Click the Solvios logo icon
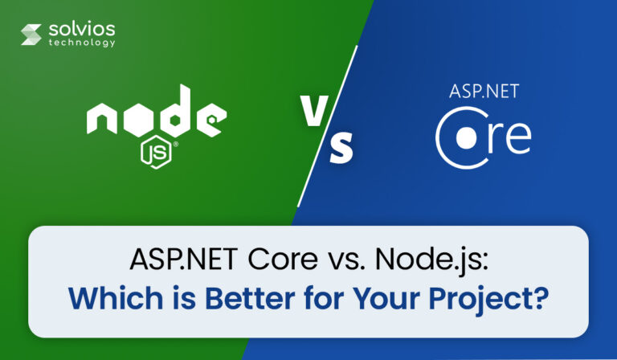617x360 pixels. tap(31, 35)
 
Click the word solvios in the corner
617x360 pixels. tap(80, 30)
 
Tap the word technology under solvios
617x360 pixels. tap(80, 43)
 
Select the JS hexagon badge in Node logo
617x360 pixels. tap(153, 151)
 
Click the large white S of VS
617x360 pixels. tap(341, 149)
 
